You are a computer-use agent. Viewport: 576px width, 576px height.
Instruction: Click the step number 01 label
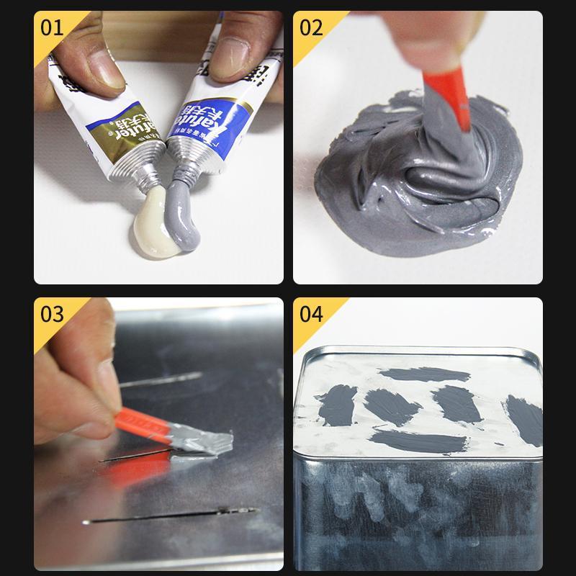(52, 28)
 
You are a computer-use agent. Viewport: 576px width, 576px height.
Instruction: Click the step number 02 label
(311, 28)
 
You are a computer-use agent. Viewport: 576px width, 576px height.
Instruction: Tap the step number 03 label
(52, 314)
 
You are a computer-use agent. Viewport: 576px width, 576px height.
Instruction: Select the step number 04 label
(311, 314)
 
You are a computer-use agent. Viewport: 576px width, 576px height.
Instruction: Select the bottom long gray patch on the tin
(418, 440)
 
